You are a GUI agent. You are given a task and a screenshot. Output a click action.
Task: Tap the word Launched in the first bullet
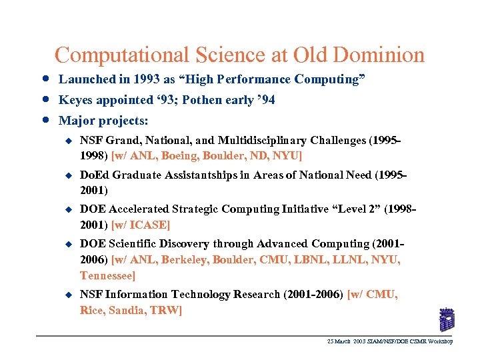[87, 79]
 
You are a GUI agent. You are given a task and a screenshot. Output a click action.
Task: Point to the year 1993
[145, 79]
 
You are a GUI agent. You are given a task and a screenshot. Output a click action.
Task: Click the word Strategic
[186, 209]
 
